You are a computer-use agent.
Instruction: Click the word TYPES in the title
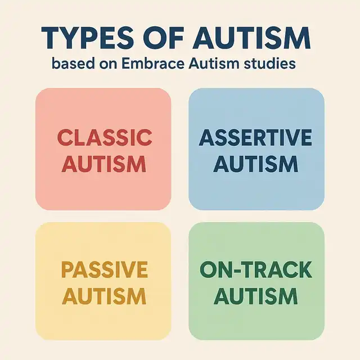[x=88, y=38]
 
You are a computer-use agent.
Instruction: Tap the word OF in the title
[x=165, y=38]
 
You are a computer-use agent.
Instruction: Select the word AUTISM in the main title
[x=252, y=38]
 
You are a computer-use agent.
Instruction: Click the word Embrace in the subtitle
[x=152, y=64]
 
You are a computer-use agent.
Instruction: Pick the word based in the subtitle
[x=73, y=64]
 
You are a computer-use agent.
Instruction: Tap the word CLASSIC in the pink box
[x=105, y=137]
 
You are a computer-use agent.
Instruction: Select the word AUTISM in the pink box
[x=103, y=164]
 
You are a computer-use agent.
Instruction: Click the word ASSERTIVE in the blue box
[x=255, y=137]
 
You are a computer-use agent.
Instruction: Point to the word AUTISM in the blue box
[x=256, y=164]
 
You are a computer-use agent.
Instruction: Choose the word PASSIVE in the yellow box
[x=105, y=270]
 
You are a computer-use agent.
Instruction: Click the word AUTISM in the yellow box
[x=103, y=296]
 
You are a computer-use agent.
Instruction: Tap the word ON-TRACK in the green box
[x=256, y=270]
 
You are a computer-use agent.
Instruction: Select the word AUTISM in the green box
[x=256, y=296]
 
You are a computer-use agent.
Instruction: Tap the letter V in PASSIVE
[x=125, y=270]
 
